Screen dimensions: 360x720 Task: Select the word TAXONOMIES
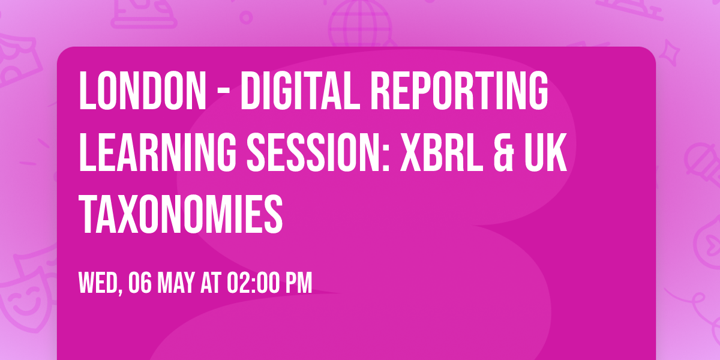181,215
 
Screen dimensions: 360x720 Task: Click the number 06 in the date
139,283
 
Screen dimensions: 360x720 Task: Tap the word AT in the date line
211,283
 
